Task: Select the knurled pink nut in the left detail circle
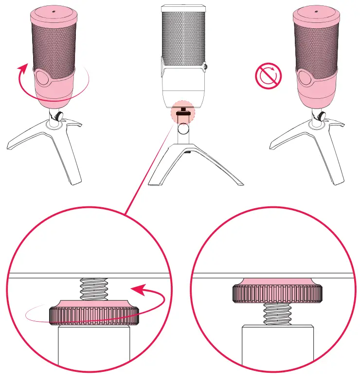coord(94,314)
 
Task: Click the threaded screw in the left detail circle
coord(94,290)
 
